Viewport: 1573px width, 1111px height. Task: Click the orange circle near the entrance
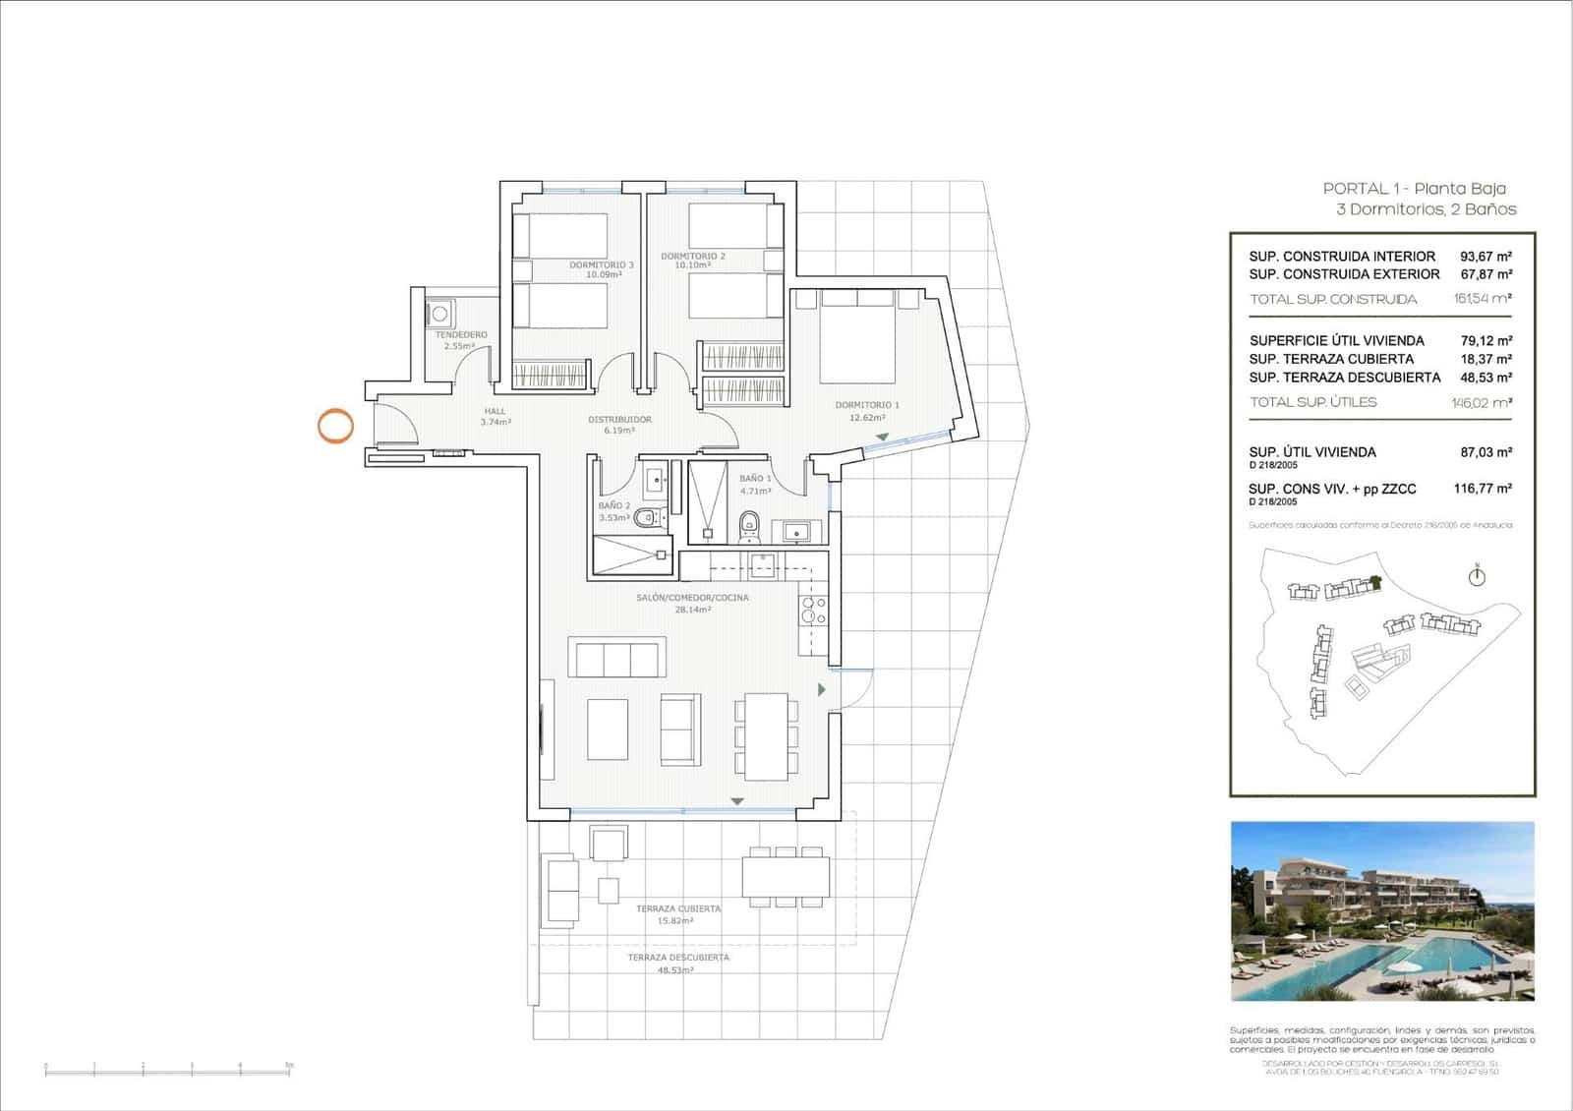coord(335,426)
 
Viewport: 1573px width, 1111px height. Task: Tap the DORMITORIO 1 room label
coord(867,405)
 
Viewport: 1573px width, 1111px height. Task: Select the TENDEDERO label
coord(461,335)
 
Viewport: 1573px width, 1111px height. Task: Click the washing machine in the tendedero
coord(439,315)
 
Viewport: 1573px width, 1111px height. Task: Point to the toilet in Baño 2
coord(644,518)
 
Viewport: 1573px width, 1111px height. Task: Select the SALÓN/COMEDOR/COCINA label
coord(692,598)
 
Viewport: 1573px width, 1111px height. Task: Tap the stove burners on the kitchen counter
coord(813,611)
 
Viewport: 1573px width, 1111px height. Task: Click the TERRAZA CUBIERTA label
coord(678,909)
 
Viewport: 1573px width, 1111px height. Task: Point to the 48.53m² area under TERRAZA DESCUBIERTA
coord(675,970)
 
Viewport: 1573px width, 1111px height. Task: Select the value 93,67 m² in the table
coord(1486,257)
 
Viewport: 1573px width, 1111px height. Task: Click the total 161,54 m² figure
coord(1482,298)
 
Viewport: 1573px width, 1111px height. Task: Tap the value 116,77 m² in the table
coord(1483,488)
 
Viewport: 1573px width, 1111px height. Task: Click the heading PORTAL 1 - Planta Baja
coord(1414,189)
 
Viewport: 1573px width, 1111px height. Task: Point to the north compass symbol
coord(1477,576)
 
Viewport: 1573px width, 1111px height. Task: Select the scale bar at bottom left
coord(168,1067)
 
